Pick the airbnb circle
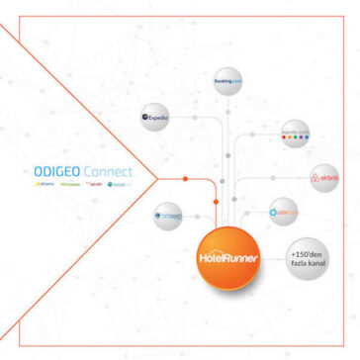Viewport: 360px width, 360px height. tap(324, 179)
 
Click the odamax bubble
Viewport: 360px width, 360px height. tap(285, 211)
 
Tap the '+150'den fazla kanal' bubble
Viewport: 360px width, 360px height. tap(304, 255)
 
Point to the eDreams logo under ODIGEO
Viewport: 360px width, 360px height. tap(45, 183)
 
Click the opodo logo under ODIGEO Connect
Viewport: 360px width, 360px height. tap(96, 183)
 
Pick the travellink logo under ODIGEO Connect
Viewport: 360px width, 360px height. tap(119, 183)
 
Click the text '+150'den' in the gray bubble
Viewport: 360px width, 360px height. tap(304, 248)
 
